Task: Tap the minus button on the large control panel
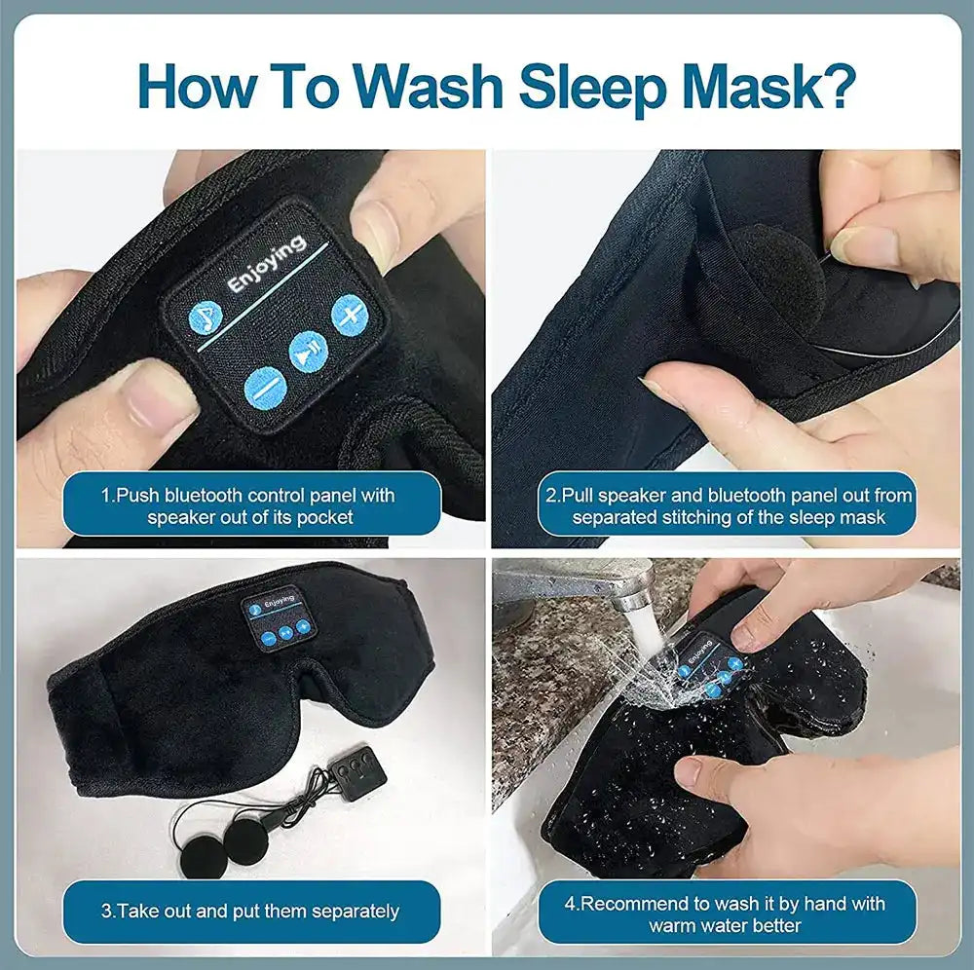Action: (x=263, y=387)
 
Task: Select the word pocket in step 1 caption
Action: (x=325, y=518)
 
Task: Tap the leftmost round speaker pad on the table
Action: (x=200, y=840)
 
